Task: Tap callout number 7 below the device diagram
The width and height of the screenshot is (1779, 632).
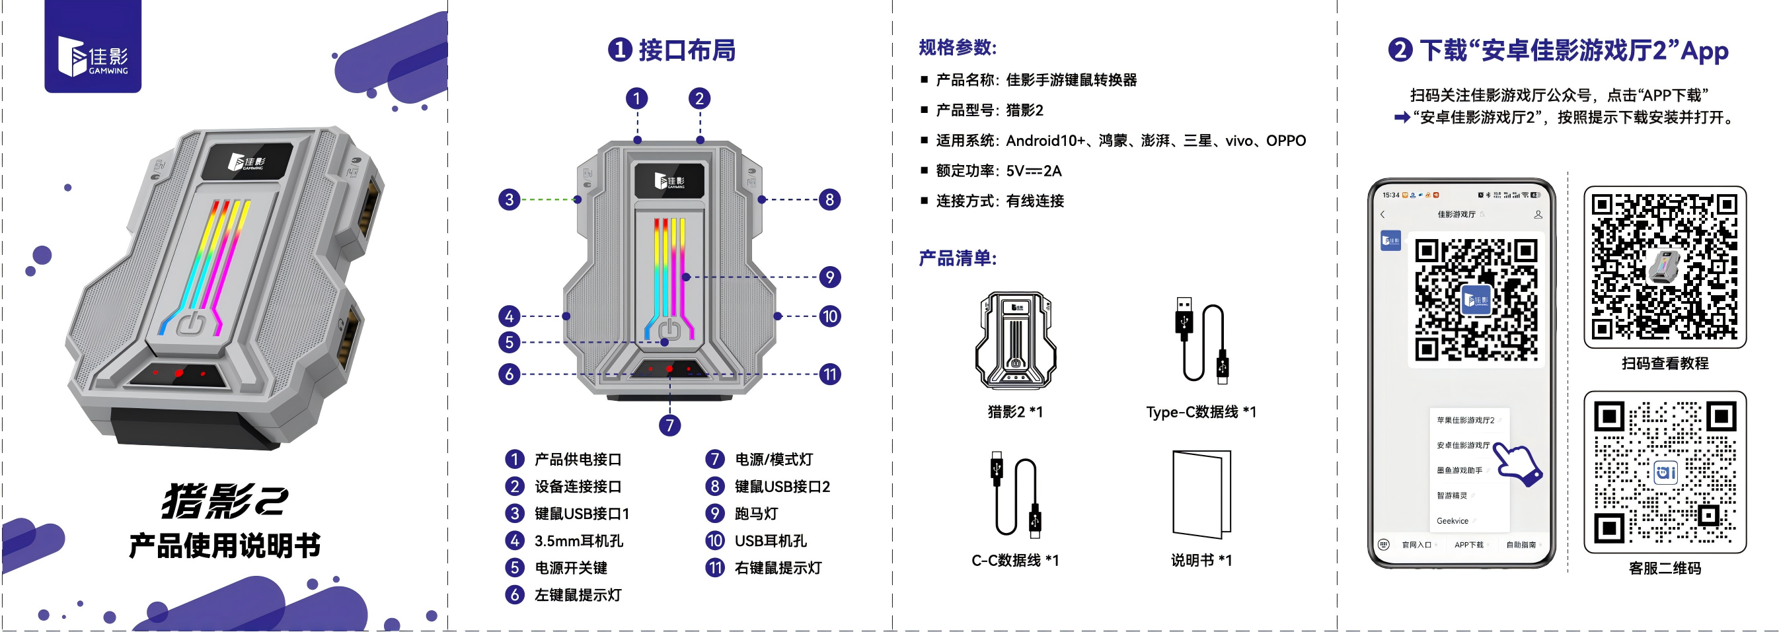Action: [x=669, y=425]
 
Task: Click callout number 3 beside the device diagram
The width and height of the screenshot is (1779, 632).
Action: [x=509, y=200]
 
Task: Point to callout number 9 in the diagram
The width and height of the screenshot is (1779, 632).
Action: [x=829, y=277]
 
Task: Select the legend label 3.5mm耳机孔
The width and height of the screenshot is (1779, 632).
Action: [x=579, y=541]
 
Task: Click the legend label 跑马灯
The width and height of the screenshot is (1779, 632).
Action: [x=756, y=514]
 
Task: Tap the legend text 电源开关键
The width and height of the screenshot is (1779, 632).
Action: [x=571, y=568]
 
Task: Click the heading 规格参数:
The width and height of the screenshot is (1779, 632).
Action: [x=957, y=48]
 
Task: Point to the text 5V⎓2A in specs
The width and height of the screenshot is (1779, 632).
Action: [x=1034, y=171]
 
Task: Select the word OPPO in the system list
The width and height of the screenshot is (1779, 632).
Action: [x=1285, y=141]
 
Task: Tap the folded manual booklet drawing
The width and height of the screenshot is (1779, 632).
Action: [x=1201, y=494]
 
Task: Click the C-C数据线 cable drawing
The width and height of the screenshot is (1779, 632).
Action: [x=1014, y=494]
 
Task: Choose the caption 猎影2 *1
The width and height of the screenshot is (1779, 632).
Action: [x=1014, y=413]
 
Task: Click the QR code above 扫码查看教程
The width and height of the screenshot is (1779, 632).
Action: [x=1665, y=267]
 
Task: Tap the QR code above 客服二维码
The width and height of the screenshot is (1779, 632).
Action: [x=1665, y=473]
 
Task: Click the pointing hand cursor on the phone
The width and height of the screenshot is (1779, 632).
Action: [x=1519, y=464]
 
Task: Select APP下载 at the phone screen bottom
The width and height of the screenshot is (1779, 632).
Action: [x=1468, y=545]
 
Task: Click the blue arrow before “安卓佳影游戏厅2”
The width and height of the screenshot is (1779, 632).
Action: [x=1402, y=118]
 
